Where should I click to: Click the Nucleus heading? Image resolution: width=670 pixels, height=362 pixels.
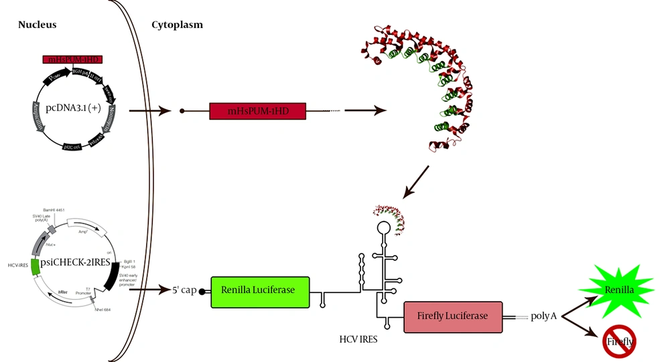point(38,25)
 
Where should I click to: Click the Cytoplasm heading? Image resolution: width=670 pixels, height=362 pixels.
point(177,25)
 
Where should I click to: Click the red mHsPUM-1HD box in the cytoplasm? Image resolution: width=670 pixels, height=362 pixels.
point(258,110)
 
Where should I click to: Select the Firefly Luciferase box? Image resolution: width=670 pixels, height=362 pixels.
point(453,315)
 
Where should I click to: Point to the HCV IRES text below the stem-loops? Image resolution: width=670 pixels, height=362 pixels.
point(358,339)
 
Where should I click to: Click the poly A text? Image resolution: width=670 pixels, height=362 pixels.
point(544,316)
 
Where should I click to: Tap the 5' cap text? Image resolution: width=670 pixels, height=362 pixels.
point(182,292)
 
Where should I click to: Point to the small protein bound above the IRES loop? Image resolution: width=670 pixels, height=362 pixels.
point(388,217)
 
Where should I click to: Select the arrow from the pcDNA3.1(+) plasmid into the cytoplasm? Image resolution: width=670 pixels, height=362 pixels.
point(147,110)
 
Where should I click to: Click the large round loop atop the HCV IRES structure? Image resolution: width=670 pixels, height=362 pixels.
point(385,228)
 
